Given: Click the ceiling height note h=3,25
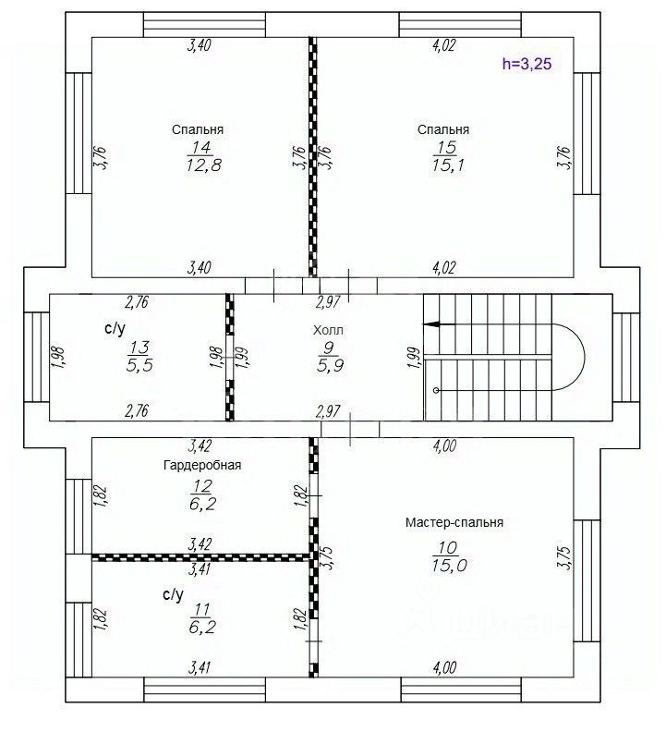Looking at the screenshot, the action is pos(527,64).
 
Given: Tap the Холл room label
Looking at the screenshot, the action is pos(328,331).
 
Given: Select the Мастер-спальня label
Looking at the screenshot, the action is pos(454,522).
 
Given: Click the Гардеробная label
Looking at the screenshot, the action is pos(202,465).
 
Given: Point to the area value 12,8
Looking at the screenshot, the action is pos(203,165).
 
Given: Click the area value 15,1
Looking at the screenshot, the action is pos(448,165).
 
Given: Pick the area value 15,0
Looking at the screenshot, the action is pos(449,566).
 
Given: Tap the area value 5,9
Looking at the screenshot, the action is pos(330,365).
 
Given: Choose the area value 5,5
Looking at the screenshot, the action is pos(139,365).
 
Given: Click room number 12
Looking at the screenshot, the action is pos(201,486).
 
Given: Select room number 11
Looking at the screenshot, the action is pos(201,609).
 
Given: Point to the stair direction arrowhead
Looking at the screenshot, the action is pos(430,324).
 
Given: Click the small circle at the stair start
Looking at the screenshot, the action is pos(436,390).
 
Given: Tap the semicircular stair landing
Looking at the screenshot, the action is pos(585,357).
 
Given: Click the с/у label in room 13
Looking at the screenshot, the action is pos(115,329).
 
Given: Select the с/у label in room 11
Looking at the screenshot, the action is pos(173,594).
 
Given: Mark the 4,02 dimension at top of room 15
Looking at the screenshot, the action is pos(444,45).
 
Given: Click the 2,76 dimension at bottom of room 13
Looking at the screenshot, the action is pos(137,410).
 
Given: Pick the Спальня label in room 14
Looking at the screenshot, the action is pos(198,129).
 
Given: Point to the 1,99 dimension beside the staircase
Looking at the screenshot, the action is pos(414,358).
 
